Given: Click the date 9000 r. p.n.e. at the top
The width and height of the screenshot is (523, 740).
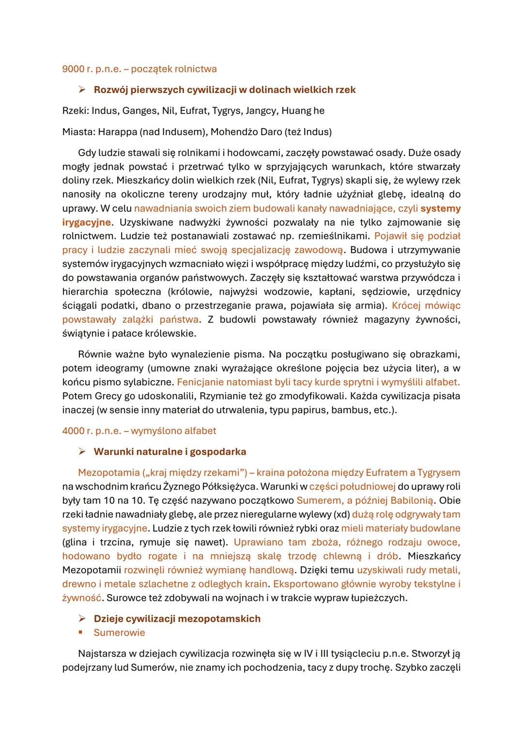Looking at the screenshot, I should pyautogui.click(x=91, y=69).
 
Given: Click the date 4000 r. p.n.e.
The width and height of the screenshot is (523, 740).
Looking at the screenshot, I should pyautogui.click(x=91, y=431).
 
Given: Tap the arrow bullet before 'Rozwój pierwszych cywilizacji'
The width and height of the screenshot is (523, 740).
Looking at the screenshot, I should pyautogui.click(x=82, y=90).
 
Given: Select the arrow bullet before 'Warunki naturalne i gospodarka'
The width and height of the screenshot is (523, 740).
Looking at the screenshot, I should pyautogui.click(x=82, y=452).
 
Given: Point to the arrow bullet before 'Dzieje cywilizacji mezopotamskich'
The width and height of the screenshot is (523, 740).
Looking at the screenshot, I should pyautogui.click(x=82, y=619).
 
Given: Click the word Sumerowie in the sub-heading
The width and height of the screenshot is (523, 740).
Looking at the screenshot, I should pyautogui.click(x=119, y=633).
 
